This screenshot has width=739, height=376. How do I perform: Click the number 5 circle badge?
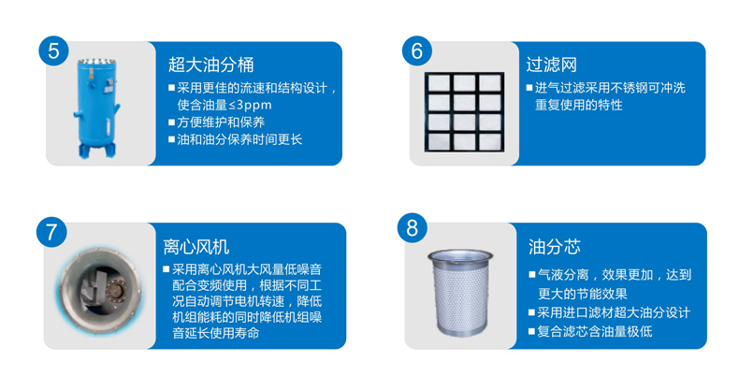coord(53,51)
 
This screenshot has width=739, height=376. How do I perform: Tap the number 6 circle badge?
coord(416,51)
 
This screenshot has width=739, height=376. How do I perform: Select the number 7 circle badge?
coord(51,232)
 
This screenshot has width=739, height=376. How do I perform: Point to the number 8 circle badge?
coord(412,228)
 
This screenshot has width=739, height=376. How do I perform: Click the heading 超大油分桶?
coord(210,65)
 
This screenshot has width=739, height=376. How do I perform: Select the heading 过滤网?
coord(551,65)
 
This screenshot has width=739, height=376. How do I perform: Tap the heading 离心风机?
coord(196,246)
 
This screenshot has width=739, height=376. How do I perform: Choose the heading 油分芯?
coord(554,246)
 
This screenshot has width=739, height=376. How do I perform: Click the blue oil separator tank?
coord(96,108)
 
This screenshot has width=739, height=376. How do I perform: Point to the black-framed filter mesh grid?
coord(464,112)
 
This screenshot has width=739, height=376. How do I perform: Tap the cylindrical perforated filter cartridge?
coord(460,292)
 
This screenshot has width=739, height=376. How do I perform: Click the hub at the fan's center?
coord(114,288)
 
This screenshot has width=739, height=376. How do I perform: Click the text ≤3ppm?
coord(250,105)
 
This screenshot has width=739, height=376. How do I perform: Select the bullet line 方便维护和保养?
coord(216,123)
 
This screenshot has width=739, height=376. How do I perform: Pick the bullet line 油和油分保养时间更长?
coord(235,139)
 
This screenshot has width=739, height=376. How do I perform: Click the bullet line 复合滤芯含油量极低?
coord(590,331)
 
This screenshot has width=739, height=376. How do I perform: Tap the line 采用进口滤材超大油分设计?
coord(609,312)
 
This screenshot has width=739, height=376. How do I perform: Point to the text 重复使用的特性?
coord(579,105)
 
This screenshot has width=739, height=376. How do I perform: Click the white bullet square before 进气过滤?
coord(529,88)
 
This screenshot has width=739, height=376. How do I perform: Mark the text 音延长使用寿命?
coord(216,333)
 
